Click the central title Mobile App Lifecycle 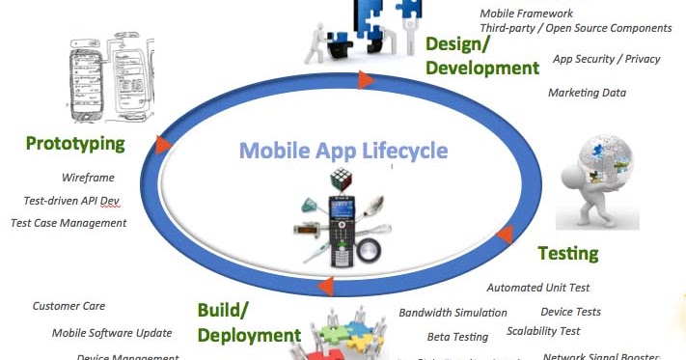343,151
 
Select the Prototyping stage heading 75,145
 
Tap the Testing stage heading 567,254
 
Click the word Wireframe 88,179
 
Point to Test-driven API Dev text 71,201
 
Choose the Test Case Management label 69,223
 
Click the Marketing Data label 587,93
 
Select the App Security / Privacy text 606,59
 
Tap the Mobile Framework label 539,14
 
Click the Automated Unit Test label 537,288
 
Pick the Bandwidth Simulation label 453,313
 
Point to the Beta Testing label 457,337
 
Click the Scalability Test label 543,331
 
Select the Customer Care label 69,306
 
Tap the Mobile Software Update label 112,333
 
